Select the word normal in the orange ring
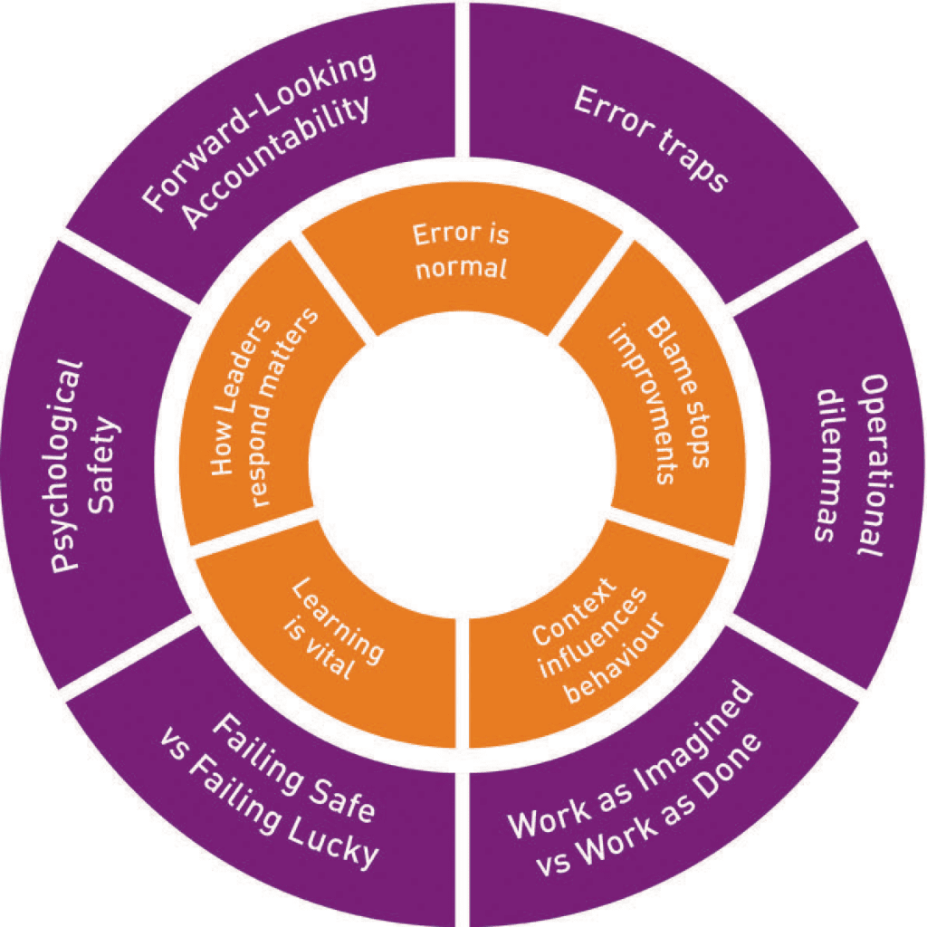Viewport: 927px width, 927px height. (x=462, y=268)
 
